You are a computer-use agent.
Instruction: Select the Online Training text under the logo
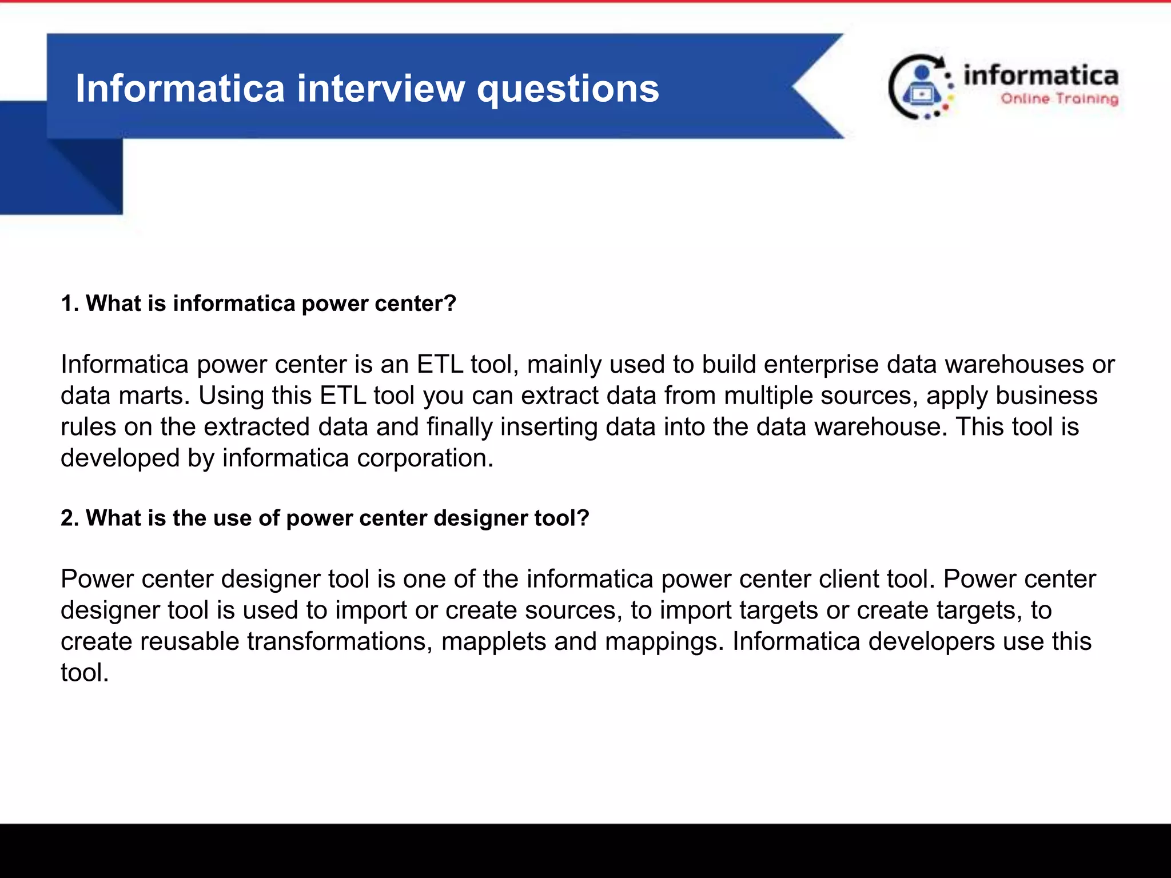(x=1059, y=99)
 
